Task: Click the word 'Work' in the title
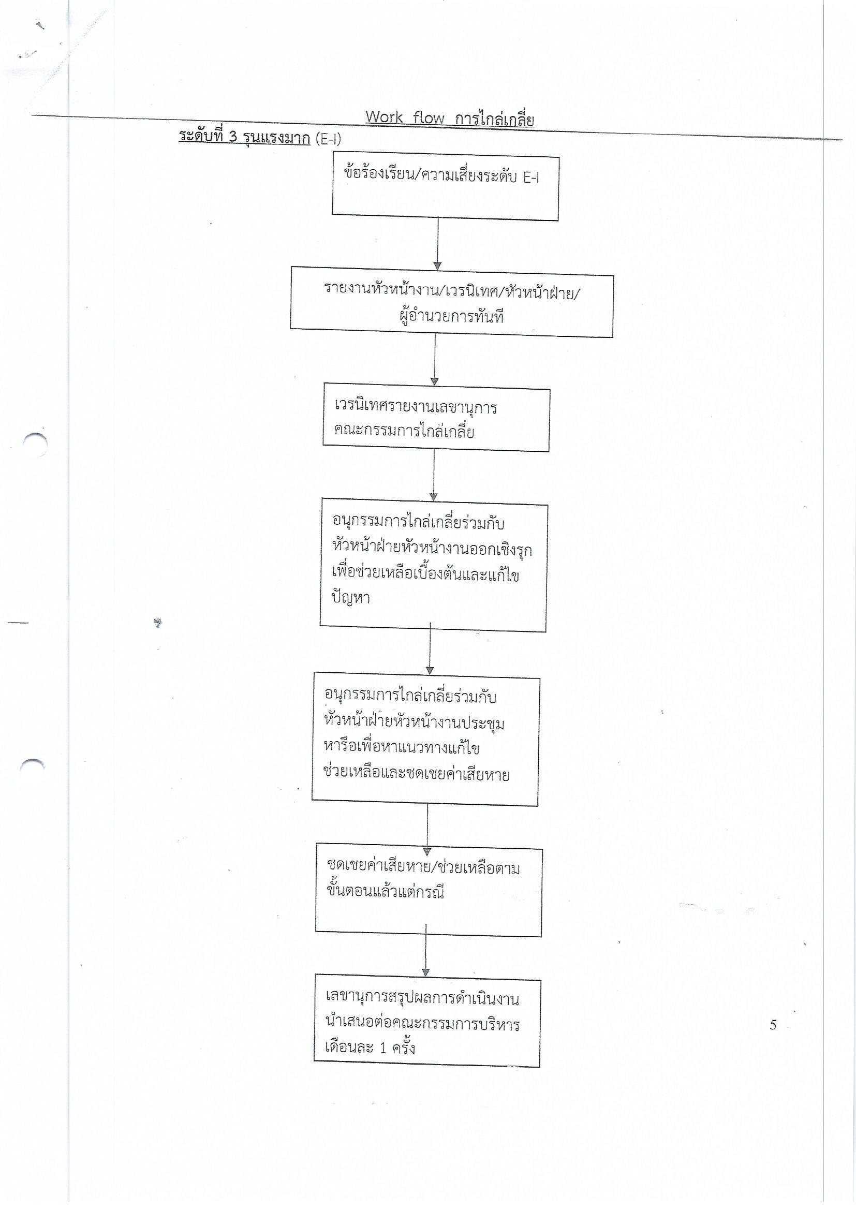[383, 117]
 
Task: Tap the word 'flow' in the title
[429, 117]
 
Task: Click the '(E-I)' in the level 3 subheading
[329, 139]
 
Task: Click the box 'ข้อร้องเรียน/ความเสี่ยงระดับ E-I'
[445, 189]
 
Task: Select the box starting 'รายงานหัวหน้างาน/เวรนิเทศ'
[451, 306]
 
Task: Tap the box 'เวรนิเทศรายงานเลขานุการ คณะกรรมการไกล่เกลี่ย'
[436, 420]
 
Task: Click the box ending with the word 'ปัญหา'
[433, 568]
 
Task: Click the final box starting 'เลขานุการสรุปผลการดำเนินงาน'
[427, 1024]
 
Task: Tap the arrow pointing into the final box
[426, 956]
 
